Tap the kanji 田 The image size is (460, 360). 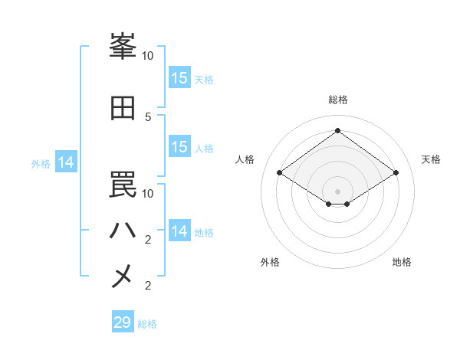(x=123, y=109)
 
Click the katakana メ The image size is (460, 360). (x=123, y=276)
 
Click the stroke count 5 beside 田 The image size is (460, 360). (x=149, y=116)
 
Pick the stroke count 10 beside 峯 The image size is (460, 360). (x=148, y=56)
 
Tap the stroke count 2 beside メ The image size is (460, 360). (x=149, y=286)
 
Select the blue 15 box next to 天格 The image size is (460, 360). (x=179, y=78)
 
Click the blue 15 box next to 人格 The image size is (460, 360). (x=179, y=147)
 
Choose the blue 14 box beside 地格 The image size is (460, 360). (x=179, y=231)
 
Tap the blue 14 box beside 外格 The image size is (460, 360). (x=66, y=162)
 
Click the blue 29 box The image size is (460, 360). (x=123, y=322)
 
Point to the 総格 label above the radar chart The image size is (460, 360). (x=337, y=100)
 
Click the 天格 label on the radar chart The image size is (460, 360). (x=431, y=159)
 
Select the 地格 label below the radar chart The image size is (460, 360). (x=402, y=263)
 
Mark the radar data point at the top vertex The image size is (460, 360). (x=337, y=131)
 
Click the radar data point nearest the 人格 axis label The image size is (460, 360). (x=280, y=173)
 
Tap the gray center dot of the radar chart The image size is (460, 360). (x=337, y=191)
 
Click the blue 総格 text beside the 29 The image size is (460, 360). (x=147, y=324)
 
